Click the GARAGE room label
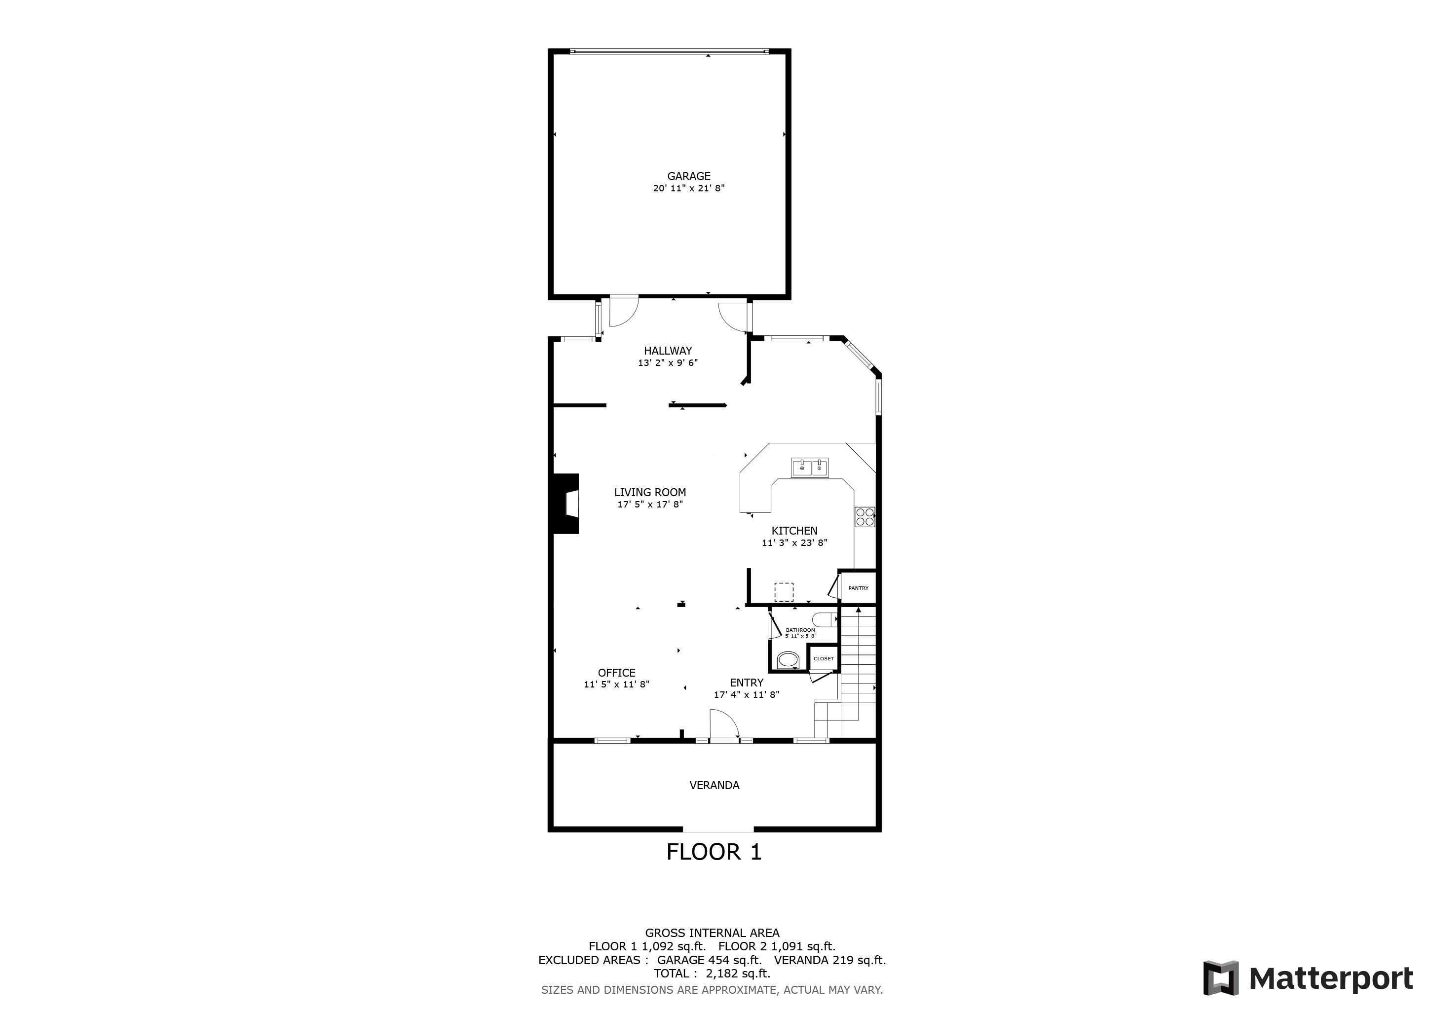point(688,176)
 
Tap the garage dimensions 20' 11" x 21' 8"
point(688,188)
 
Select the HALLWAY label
point(668,351)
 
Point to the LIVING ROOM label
point(650,492)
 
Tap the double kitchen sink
point(810,467)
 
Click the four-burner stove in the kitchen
point(865,517)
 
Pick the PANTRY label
point(858,588)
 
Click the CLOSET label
point(824,658)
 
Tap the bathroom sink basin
point(788,660)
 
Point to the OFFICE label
point(616,672)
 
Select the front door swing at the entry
point(724,724)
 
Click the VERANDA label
point(714,786)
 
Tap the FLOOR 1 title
point(714,851)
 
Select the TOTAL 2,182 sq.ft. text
point(712,974)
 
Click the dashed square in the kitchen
point(784,591)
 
